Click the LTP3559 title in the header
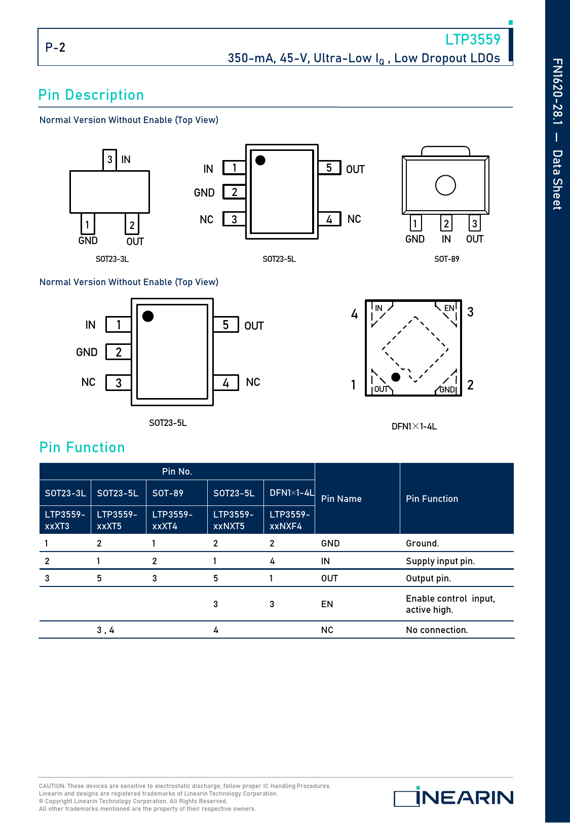click(x=472, y=40)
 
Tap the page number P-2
click(x=55, y=48)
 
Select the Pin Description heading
click(x=91, y=95)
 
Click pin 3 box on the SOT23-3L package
click(x=109, y=160)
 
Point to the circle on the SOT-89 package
click(x=445, y=185)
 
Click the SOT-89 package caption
click(x=446, y=259)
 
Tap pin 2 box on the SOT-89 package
click(x=446, y=224)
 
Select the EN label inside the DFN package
click(x=449, y=308)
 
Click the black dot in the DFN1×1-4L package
click(x=396, y=377)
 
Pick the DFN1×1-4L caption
click(x=414, y=426)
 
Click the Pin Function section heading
click(x=82, y=448)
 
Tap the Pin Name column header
click(x=341, y=499)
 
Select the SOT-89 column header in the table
click(x=168, y=493)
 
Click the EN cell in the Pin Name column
click(x=327, y=604)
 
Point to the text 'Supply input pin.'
click(x=440, y=561)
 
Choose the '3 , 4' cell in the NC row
click(x=105, y=630)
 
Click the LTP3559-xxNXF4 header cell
click(x=289, y=520)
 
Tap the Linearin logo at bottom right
click(x=453, y=797)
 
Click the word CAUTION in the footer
click(x=52, y=786)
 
